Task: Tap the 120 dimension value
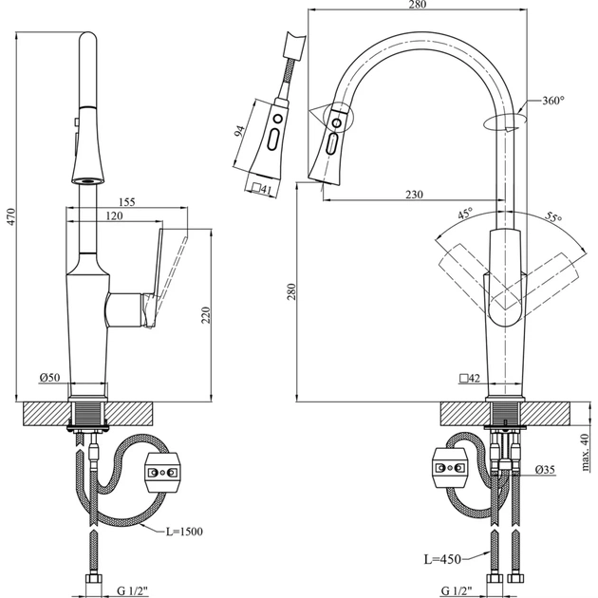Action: [x=114, y=217]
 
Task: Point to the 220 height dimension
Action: [x=206, y=315]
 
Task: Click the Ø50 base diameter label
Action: [x=50, y=379]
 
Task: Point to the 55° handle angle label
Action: [x=552, y=217]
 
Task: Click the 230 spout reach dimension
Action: [x=413, y=195]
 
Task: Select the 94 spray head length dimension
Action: [x=240, y=134]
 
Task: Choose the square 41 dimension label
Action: [x=262, y=190]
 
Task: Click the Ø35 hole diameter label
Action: [x=544, y=469]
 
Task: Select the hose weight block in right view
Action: [x=450, y=464]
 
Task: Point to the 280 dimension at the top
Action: [x=418, y=5]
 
